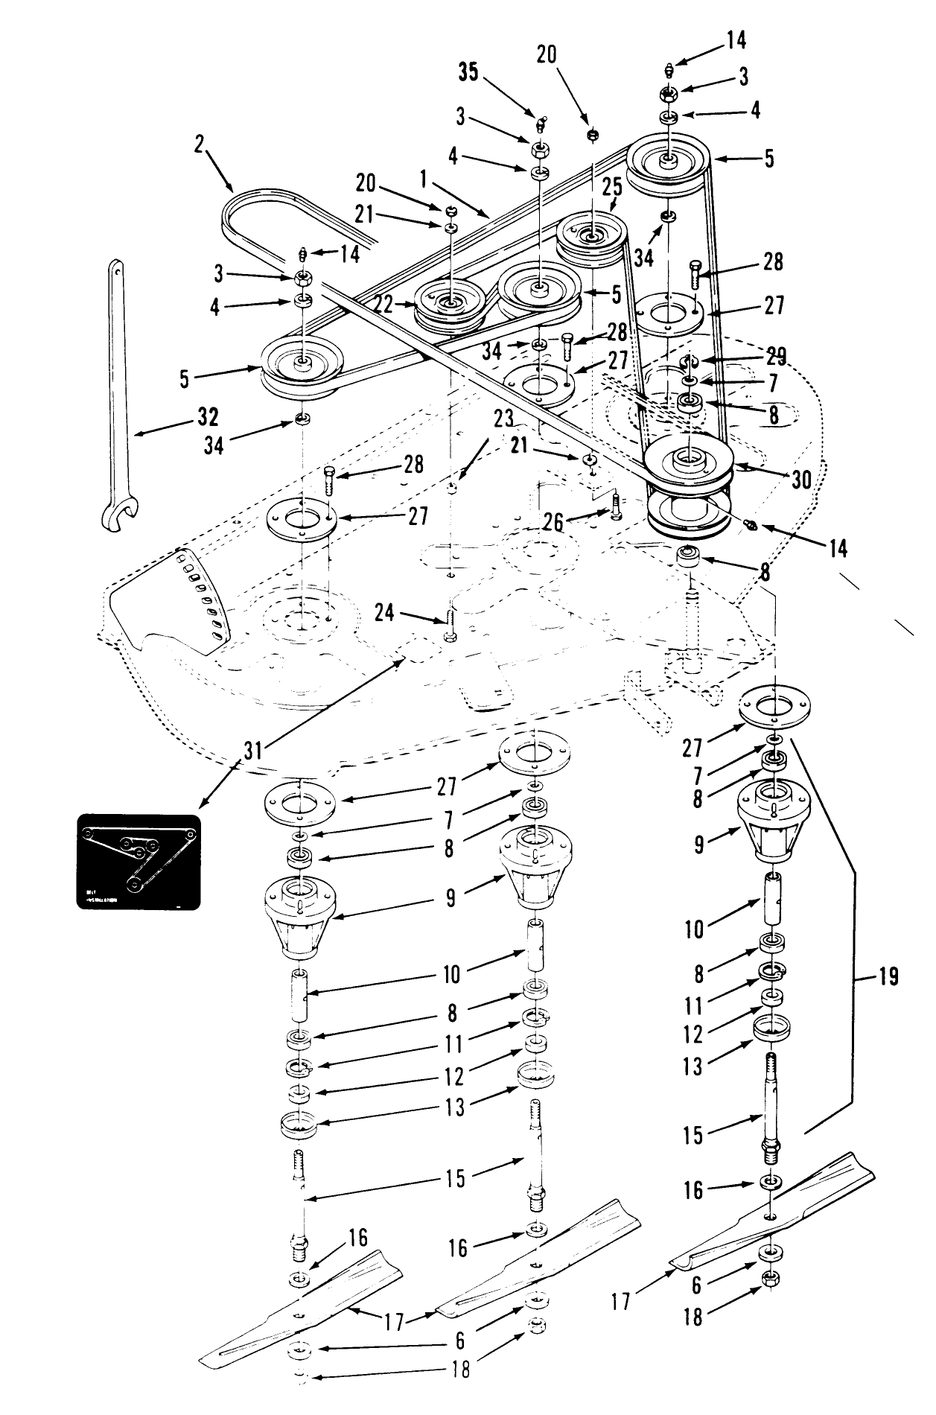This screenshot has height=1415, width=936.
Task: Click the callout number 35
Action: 469,71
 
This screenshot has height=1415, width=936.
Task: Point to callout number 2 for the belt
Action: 199,145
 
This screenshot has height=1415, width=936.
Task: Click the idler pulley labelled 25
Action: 592,236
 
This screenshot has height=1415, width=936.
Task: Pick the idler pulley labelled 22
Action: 450,302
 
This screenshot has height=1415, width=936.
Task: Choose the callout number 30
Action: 801,479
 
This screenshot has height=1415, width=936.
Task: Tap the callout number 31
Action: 253,750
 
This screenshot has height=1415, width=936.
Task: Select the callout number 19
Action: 888,976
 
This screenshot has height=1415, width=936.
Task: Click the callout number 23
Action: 504,419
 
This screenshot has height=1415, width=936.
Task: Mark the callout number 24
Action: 384,614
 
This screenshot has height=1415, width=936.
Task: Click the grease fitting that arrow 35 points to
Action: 544,121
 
